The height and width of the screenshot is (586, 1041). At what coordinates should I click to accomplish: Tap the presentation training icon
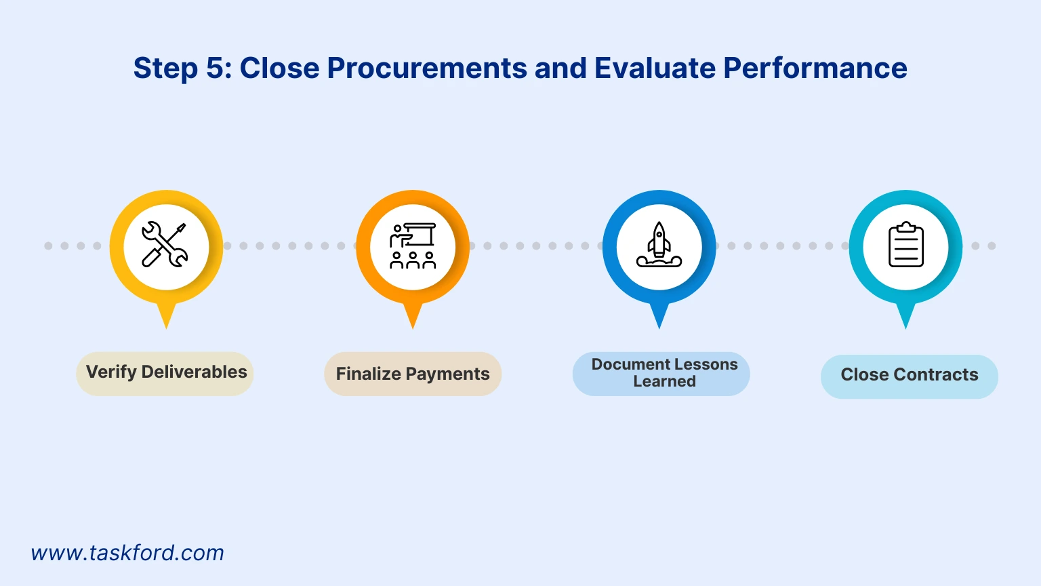pyautogui.click(x=412, y=246)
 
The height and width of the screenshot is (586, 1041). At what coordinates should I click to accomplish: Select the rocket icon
pyautogui.click(x=659, y=245)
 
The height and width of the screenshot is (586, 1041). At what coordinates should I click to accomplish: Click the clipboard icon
pyautogui.click(x=905, y=246)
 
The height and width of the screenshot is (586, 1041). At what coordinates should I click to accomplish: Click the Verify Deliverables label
pyautogui.click(x=166, y=372)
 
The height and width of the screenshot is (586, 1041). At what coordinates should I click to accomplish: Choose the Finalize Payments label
pyautogui.click(x=413, y=374)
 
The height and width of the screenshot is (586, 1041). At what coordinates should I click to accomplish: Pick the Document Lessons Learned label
pyautogui.click(x=664, y=373)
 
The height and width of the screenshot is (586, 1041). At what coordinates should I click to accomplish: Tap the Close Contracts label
pyautogui.click(x=909, y=375)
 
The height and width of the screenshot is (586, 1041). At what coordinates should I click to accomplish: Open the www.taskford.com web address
pyautogui.click(x=127, y=553)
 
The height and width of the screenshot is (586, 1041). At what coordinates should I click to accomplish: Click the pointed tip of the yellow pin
pyautogui.click(x=166, y=326)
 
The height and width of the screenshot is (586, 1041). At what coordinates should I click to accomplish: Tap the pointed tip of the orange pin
pyautogui.click(x=412, y=326)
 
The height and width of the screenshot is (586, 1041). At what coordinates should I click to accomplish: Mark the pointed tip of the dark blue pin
pyautogui.click(x=659, y=326)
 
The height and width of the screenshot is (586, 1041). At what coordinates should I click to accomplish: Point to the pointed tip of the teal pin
pyautogui.click(x=905, y=326)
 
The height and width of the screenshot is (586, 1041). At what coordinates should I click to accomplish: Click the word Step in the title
pyautogui.click(x=165, y=69)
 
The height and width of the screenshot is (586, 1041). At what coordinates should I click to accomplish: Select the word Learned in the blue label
pyautogui.click(x=664, y=382)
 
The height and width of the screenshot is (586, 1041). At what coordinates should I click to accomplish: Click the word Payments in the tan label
pyautogui.click(x=447, y=374)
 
